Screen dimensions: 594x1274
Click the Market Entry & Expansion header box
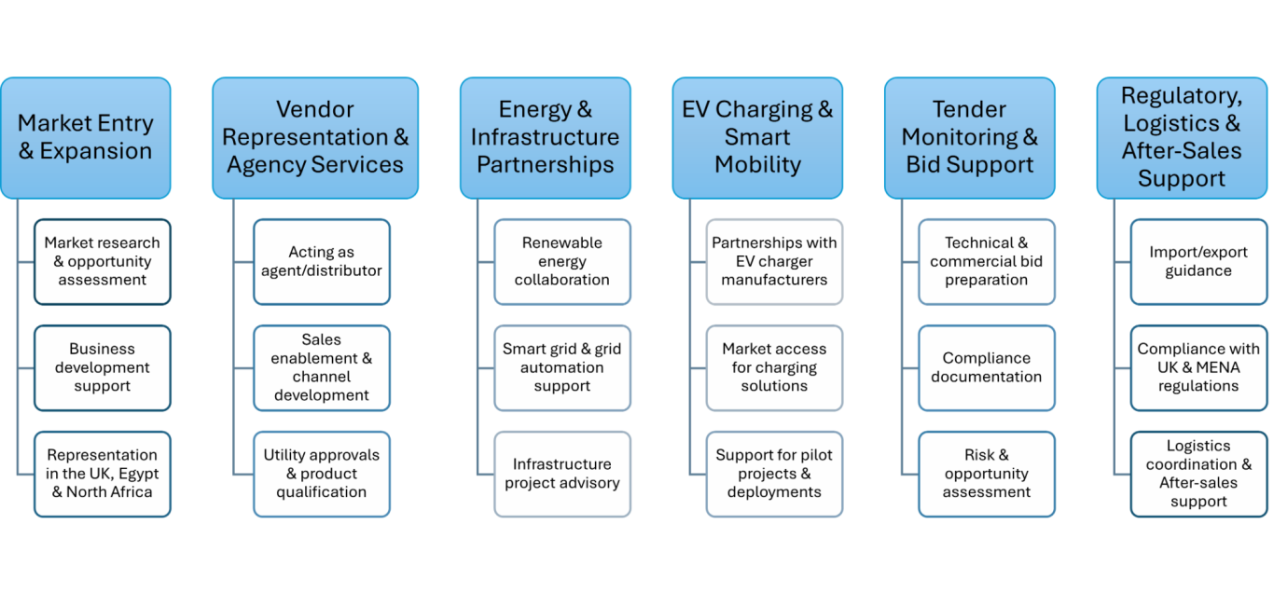coord(86,137)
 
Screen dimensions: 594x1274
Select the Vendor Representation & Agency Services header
coord(315,137)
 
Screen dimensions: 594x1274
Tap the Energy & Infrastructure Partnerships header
coord(545,137)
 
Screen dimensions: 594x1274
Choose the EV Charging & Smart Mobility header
coord(757,137)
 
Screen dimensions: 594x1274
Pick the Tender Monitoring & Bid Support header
coord(970,137)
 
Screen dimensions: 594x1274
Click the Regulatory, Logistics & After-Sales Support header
coord(1182,137)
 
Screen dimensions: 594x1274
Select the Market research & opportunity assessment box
coord(103,261)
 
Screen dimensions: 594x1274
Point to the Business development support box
coord(103,367)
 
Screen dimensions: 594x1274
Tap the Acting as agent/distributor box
coord(322,261)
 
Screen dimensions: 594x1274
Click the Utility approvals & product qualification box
coord(322,474)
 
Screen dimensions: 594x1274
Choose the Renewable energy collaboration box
coord(562,261)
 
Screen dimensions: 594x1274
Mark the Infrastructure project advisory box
coord(562,474)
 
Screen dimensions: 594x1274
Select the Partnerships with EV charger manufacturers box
coord(774,261)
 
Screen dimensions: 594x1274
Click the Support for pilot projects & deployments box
coord(774,474)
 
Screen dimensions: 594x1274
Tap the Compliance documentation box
coord(987,367)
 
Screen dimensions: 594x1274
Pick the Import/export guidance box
coord(1198,261)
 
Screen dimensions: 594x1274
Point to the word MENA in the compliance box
coord(1214,367)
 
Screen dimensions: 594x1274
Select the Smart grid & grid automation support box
coord(562,367)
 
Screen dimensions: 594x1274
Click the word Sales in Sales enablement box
coord(322,339)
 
